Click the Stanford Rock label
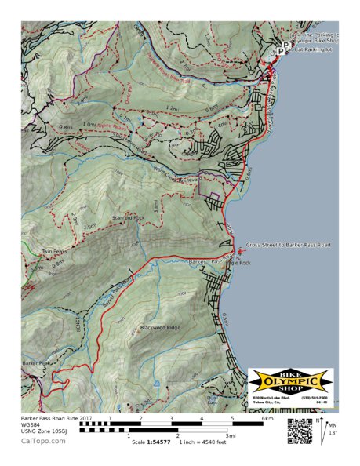(x=129, y=217)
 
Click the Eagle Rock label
(x=238, y=263)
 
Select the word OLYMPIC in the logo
(x=290, y=382)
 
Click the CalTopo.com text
(x=43, y=441)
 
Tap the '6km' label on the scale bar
(x=267, y=419)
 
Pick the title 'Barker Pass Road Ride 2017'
(x=56, y=419)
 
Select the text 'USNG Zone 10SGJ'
(x=46, y=431)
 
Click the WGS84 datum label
(x=32, y=425)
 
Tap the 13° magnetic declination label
(x=334, y=433)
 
